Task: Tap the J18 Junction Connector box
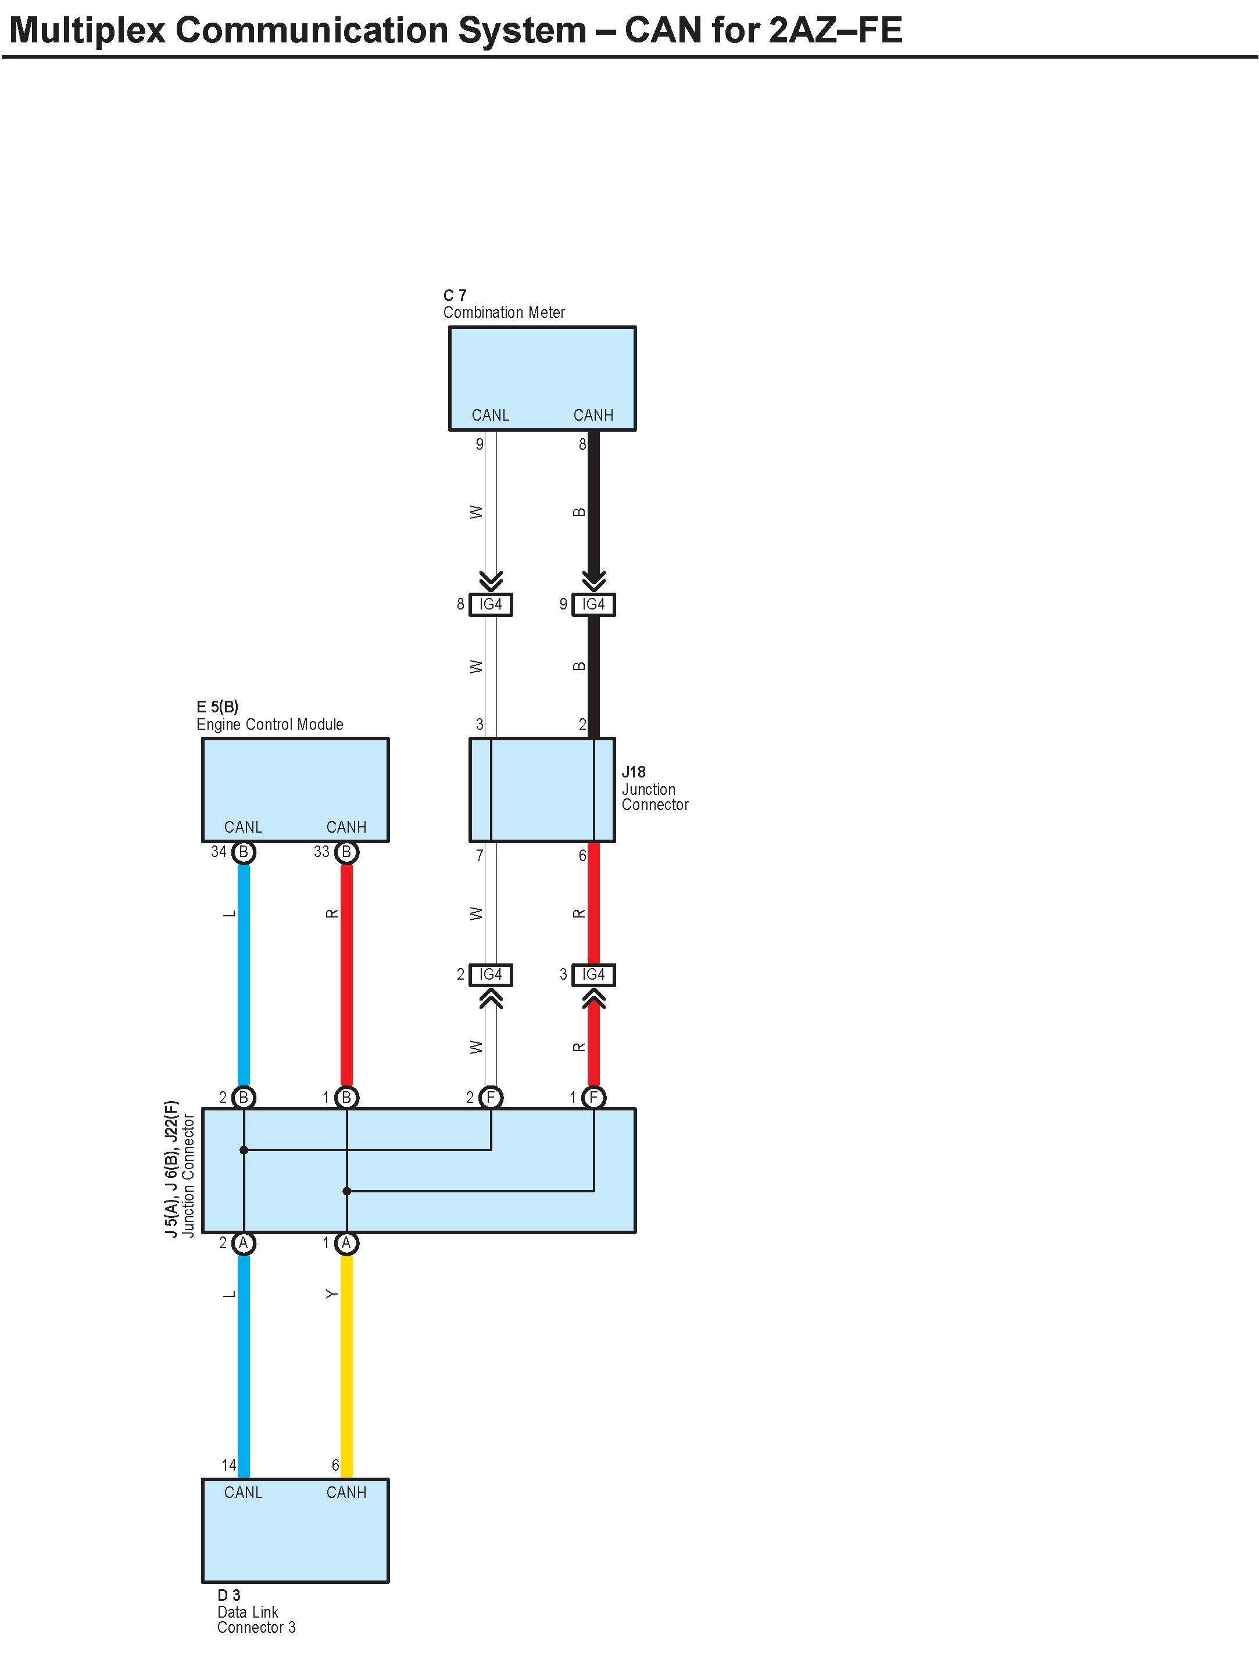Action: [542, 790]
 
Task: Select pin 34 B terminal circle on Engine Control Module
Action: [244, 852]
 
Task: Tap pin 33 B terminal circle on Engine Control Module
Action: [346, 852]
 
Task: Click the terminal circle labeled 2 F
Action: [491, 1098]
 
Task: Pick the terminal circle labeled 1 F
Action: [593, 1098]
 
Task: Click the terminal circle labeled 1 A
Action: [346, 1243]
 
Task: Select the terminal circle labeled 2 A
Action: [244, 1243]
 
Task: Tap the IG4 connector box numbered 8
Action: [491, 604]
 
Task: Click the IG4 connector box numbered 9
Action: [593, 604]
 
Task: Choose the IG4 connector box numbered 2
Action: [491, 974]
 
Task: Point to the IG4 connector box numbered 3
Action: [593, 974]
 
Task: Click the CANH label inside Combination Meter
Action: [593, 415]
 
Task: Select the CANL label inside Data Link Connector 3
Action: [243, 1492]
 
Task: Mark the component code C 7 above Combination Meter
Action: [455, 295]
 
